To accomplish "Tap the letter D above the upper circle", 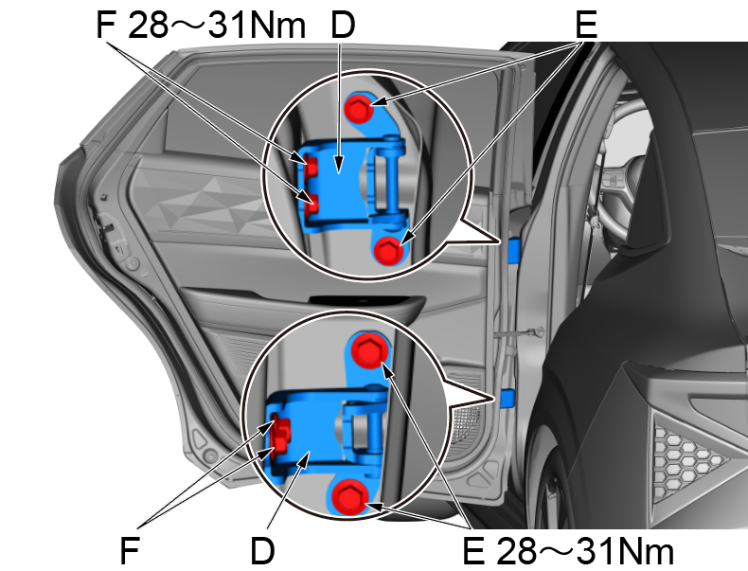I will point(343,26).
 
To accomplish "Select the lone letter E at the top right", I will point(586,26).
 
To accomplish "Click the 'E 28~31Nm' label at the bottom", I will point(567,549).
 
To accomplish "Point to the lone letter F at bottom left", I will point(131,549).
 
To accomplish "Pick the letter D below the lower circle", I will point(262,549).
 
